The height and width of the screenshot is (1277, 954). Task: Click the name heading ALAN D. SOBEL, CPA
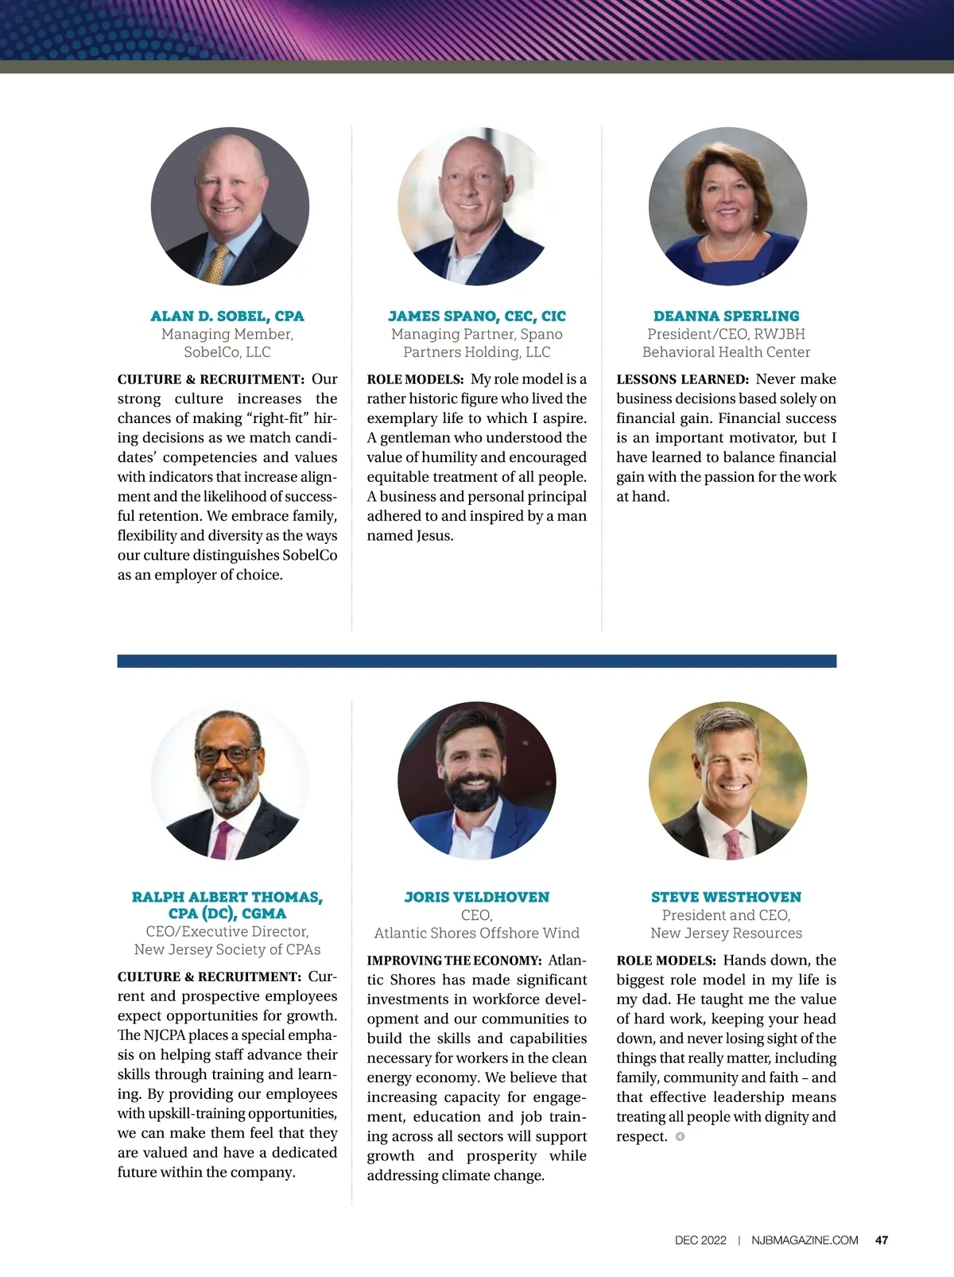coord(227,316)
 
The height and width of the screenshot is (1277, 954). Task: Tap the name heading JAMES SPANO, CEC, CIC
coord(477,316)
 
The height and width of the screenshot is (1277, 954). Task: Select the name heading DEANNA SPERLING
coord(726,316)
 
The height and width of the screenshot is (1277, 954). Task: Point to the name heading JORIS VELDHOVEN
coord(477,897)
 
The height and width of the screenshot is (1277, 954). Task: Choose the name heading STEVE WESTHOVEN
coord(726,897)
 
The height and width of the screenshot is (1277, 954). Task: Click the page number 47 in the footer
coord(881,1240)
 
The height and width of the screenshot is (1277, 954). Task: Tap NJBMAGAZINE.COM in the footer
coord(805,1240)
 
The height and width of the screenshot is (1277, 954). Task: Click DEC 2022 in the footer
coord(700,1240)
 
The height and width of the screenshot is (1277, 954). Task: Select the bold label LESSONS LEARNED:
coord(682,380)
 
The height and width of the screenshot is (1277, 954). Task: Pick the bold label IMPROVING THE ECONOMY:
coord(454,961)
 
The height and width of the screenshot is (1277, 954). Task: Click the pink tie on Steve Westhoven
coord(733,843)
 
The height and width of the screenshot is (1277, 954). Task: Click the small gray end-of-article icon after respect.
coord(680,1136)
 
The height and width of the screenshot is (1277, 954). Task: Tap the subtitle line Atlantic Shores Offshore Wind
coord(477,933)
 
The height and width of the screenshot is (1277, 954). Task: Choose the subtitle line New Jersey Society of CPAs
coord(227,949)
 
